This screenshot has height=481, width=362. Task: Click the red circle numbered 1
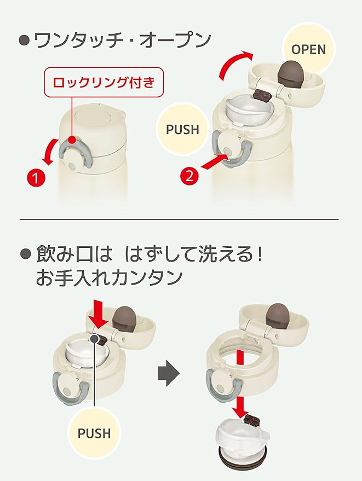pyautogui.click(x=36, y=177)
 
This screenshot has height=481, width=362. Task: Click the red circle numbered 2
pyautogui.click(x=189, y=176)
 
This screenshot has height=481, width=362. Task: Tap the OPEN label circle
pyautogui.click(x=308, y=49)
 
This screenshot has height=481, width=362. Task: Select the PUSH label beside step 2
pyautogui.click(x=182, y=129)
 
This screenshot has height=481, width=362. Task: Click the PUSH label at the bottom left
pyautogui.click(x=94, y=433)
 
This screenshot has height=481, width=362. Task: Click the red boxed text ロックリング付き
pyautogui.click(x=104, y=82)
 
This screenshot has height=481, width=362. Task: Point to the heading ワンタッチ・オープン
pyautogui.click(x=123, y=40)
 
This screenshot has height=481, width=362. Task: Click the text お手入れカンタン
pyautogui.click(x=109, y=277)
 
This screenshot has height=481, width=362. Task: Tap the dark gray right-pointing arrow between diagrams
pyautogui.click(x=169, y=373)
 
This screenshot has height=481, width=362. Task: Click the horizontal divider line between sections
pyautogui.click(x=179, y=219)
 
